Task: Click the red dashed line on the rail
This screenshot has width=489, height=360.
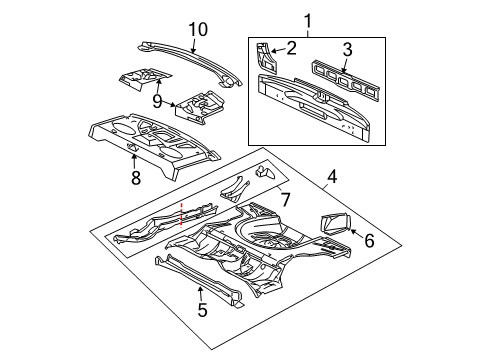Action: pos(182,240)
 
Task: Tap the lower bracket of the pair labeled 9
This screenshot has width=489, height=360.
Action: pos(200,107)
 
